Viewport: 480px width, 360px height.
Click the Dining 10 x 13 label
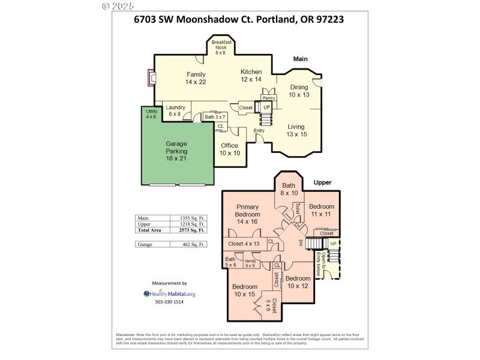299,91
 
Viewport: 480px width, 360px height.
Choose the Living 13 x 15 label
296,130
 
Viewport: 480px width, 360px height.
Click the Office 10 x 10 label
230,149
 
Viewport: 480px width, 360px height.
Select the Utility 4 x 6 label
151,114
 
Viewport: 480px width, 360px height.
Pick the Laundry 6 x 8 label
175,110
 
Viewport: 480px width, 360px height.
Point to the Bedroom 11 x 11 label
321,209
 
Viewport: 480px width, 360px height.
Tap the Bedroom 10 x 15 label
245,290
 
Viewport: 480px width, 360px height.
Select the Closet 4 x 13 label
244,244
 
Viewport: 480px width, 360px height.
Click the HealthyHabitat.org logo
169,293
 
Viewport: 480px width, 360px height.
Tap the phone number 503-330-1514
169,302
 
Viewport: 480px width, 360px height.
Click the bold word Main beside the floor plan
300,59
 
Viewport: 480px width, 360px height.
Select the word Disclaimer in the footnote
128,334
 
